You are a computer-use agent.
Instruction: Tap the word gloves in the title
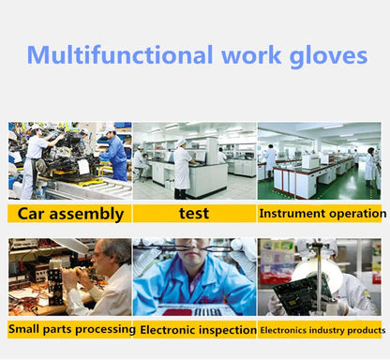click(329, 55)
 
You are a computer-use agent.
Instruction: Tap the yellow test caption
click(193, 213)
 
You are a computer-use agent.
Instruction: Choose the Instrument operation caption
click(320, 213)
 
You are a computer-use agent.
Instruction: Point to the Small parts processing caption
click(71, 329)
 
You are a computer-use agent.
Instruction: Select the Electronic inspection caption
click(197, 329)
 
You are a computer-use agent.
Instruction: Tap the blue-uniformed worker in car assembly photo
click(116, 155)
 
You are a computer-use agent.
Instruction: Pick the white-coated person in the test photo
click(181, 166)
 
